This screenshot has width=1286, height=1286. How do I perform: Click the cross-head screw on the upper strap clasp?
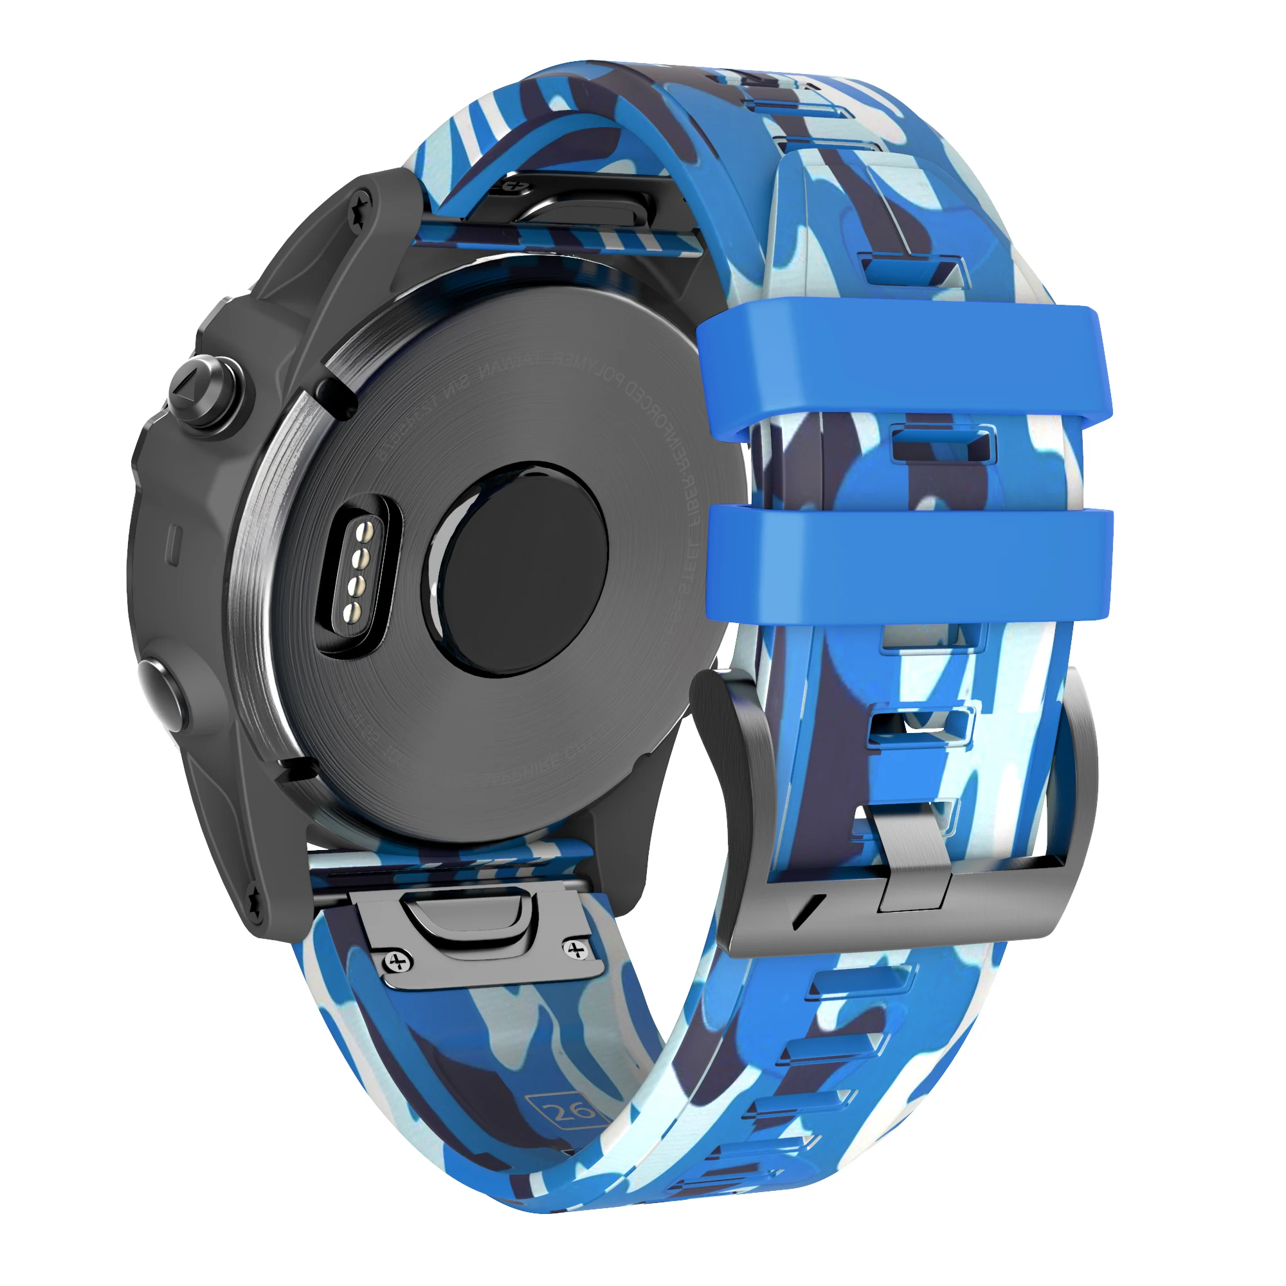512,186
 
